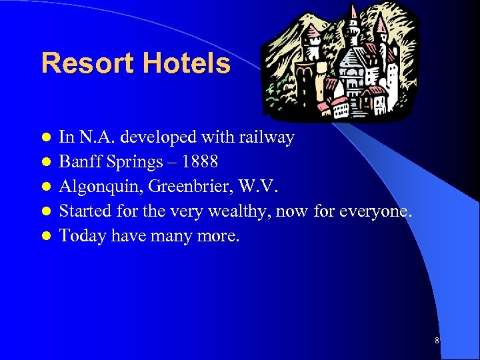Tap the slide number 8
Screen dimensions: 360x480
click(437, 341)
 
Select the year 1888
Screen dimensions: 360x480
click(199, 162)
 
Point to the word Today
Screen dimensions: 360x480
click(79, 236)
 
